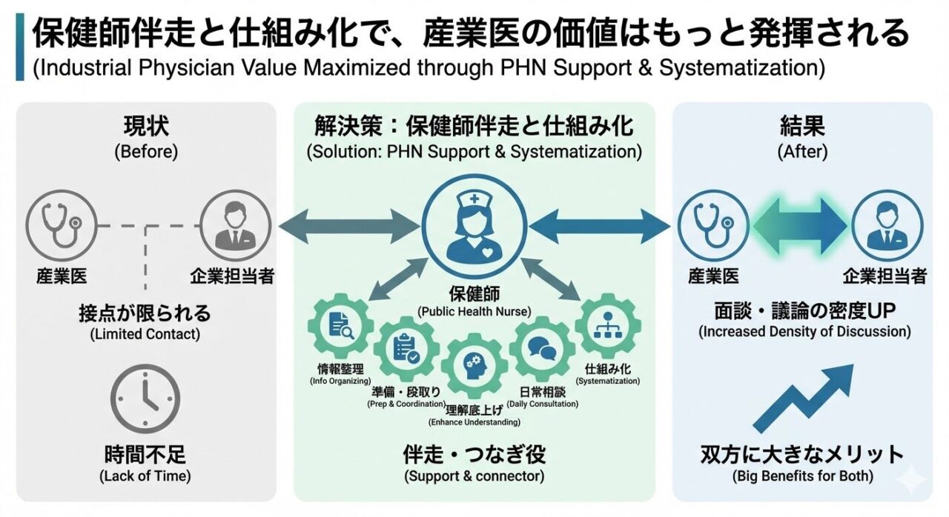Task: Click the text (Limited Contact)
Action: pyautogui.click(x=145, y=334)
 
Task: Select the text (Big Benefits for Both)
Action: pyautogui.click(x=802, y=476)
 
